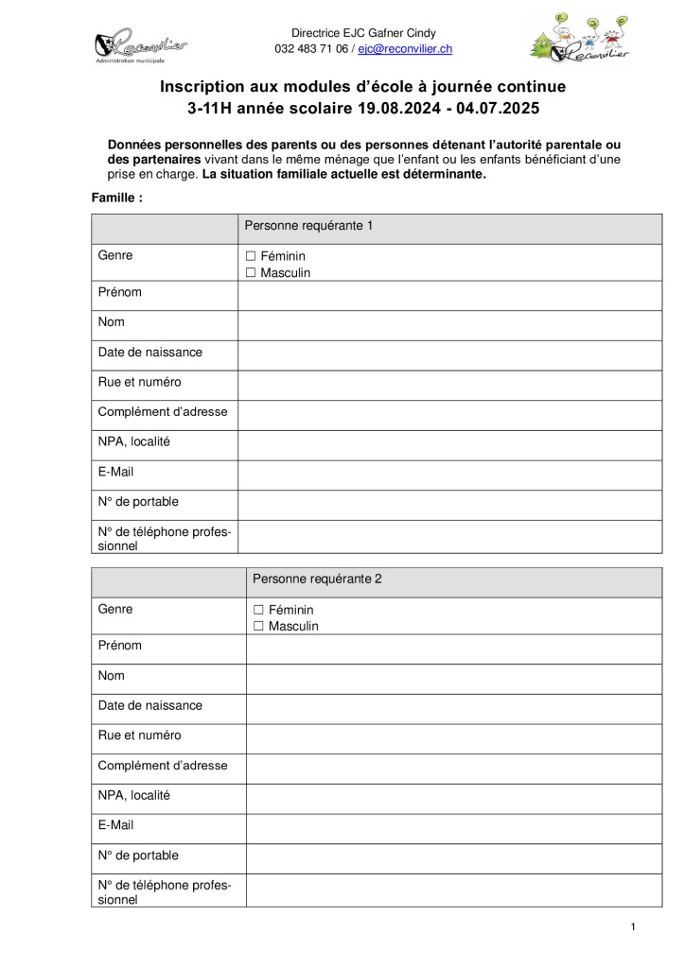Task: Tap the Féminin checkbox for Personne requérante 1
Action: click(251, 256)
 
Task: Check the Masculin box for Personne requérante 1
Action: click(251, 273)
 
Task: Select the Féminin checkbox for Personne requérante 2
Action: click(259, 610)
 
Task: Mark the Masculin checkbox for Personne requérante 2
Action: click(259, 627)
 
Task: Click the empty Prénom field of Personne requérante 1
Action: click(449, 296)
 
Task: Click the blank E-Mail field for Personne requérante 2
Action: click(454, 828)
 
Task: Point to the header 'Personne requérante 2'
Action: click(317, 579)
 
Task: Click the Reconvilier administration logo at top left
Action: click(140, 43)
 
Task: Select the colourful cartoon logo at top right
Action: click(582, 38)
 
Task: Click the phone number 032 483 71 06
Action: click(311, 48)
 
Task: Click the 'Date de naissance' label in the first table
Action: click(150, 353)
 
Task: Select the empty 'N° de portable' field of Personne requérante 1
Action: click(449, 505)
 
